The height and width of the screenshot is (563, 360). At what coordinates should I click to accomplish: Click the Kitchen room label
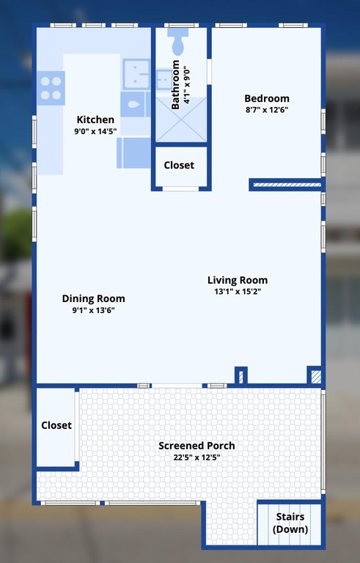95,119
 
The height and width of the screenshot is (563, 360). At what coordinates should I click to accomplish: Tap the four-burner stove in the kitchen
51,88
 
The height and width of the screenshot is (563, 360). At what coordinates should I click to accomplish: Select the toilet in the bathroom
178,41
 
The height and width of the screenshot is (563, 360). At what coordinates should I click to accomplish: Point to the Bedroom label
267,98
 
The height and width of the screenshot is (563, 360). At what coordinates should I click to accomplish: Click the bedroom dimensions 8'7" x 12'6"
267,110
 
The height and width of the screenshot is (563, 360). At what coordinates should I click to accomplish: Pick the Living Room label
238,280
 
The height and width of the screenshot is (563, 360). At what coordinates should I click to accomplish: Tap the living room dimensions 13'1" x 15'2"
238,291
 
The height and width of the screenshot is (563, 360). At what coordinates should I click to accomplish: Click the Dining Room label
93,299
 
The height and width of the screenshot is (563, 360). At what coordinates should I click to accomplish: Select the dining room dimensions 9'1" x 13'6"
93,310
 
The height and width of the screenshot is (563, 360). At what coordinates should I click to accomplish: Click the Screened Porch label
196,446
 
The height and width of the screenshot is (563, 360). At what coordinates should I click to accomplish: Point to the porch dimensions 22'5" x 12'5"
197,457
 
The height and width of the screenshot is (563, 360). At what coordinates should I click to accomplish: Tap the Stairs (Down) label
290,523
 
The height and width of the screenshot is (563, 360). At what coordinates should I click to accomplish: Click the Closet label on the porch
56,425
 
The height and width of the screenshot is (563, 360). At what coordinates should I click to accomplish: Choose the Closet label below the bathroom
179,165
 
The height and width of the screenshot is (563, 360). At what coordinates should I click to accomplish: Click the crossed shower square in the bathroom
181,119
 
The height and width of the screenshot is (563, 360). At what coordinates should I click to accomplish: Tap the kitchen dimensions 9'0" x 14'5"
95,131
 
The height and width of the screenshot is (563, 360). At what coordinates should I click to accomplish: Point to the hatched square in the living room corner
316,377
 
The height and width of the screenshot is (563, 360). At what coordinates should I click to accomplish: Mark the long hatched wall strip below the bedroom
287,185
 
